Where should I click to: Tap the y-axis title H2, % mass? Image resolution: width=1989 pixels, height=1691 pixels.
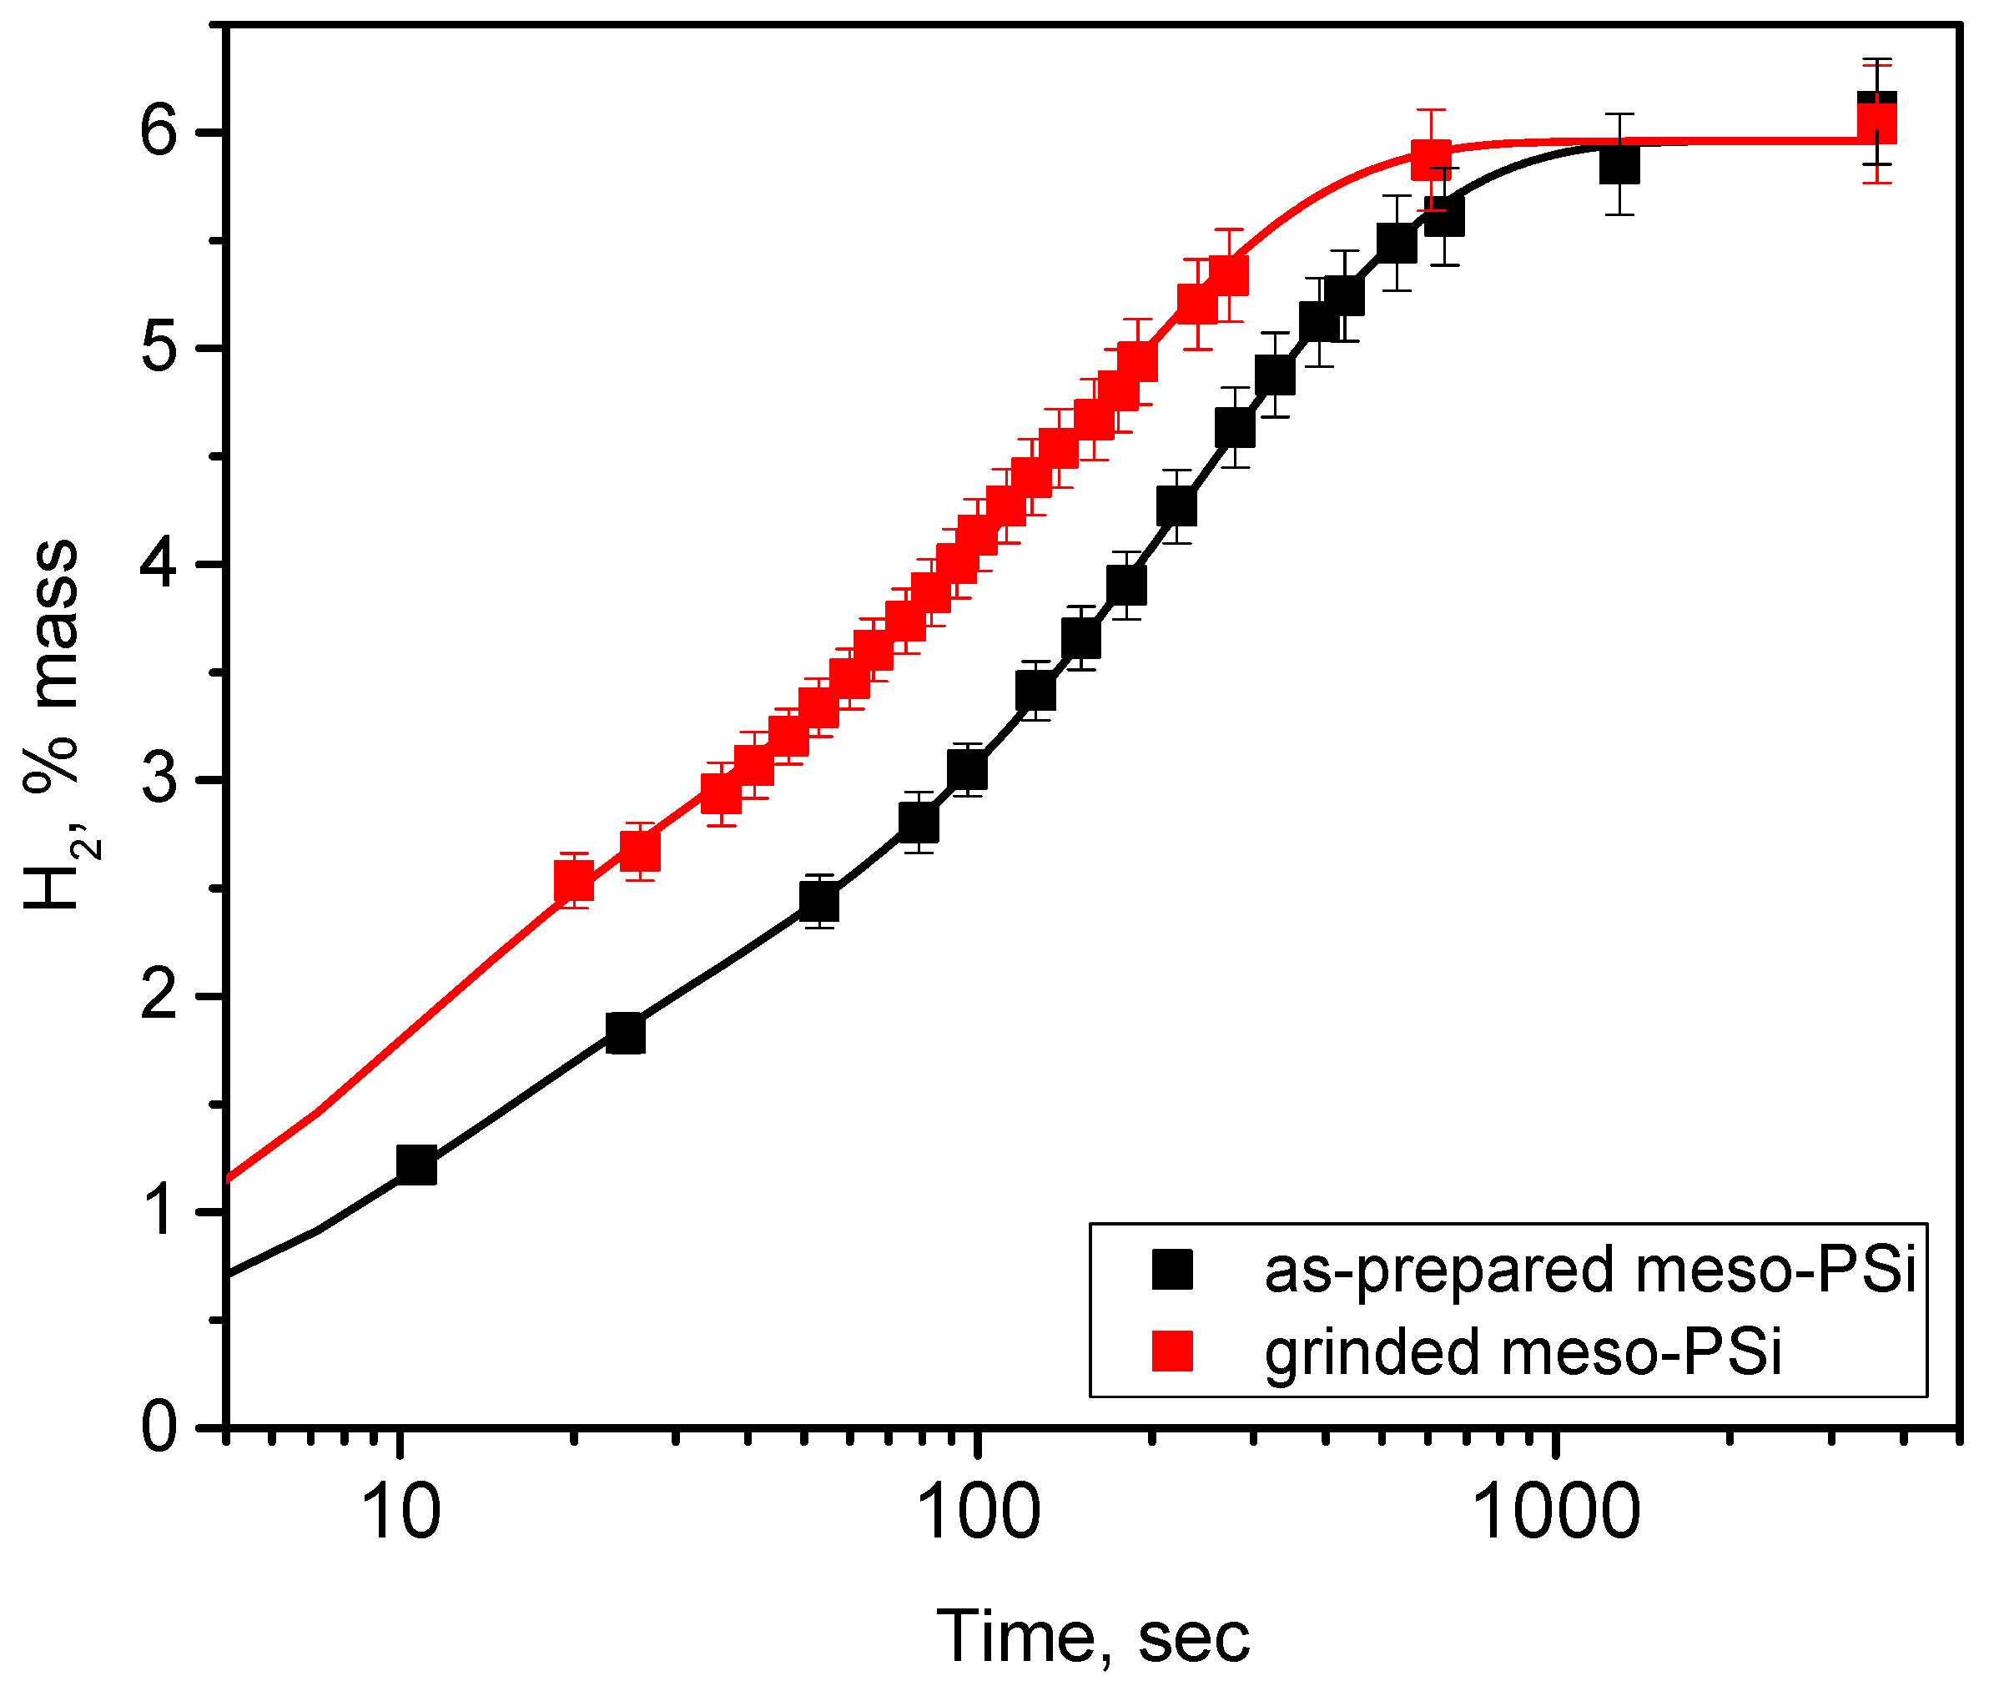pos(53,724)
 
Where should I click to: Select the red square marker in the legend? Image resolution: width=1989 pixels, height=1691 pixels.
pos(1171,1351)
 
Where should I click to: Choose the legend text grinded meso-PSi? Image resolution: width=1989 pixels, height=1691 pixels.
pos(1523,1351)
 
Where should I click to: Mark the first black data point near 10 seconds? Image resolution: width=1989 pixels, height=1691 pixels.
pos(417,1165)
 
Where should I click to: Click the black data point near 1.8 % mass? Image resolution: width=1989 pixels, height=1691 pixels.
pos(626,1033)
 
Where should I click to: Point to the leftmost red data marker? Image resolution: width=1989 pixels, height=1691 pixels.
pos(573,879)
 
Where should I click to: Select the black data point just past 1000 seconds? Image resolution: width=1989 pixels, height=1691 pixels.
pos(1619,165)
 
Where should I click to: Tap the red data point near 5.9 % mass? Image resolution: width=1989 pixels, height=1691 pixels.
pos(1430,159)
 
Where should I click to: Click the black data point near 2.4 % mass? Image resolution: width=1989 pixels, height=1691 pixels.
pos(818,901)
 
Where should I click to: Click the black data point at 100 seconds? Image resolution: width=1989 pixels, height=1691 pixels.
pos(967,770)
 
